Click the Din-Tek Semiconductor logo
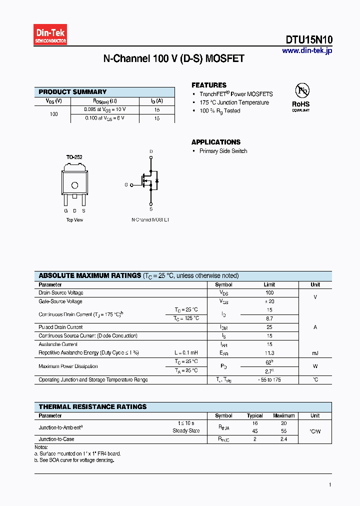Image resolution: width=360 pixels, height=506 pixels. (50, 35)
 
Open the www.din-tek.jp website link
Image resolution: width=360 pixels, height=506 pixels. (306, 50)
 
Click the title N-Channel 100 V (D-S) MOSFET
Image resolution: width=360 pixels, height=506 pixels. (173, 59)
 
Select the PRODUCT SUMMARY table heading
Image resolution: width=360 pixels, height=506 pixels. (72, 92)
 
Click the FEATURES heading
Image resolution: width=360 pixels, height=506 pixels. (209, 85)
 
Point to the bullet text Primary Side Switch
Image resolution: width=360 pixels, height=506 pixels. (223, 151)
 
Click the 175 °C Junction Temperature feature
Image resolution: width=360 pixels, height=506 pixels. (234, 102)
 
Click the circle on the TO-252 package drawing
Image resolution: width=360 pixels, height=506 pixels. (74, 185)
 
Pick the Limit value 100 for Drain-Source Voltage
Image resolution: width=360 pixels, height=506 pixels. (269, 292)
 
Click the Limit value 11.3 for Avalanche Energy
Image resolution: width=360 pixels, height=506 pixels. (269, 353)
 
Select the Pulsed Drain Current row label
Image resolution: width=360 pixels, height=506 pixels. (60, 327)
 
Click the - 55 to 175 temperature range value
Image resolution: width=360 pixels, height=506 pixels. (269, 380)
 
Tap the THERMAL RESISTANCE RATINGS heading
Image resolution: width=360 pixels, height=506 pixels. (92, 407)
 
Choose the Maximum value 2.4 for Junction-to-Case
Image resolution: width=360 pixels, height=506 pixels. (283, 439)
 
